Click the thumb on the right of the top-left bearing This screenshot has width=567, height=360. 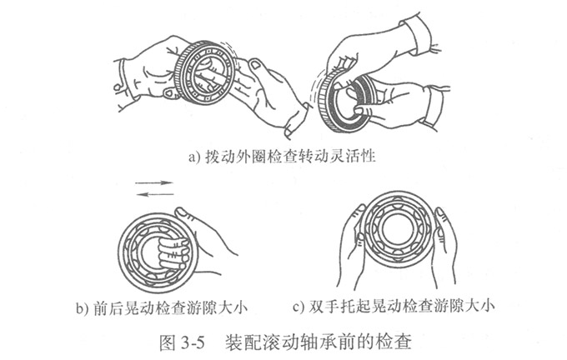point(258,67)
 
